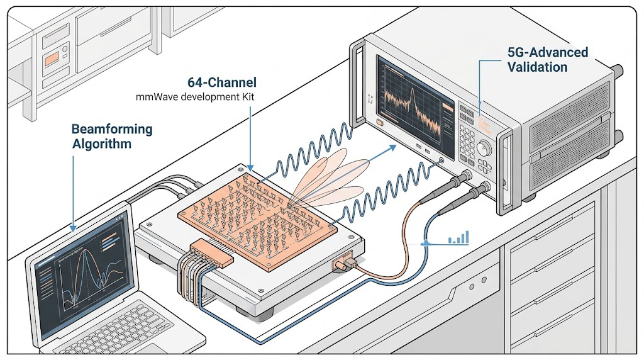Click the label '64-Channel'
(x=222, y=83)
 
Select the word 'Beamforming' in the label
(x=112, y=130)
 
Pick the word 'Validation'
(x=537, y=67)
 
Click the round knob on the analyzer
(x=484, y=149)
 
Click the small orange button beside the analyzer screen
(x=380, y=123)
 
